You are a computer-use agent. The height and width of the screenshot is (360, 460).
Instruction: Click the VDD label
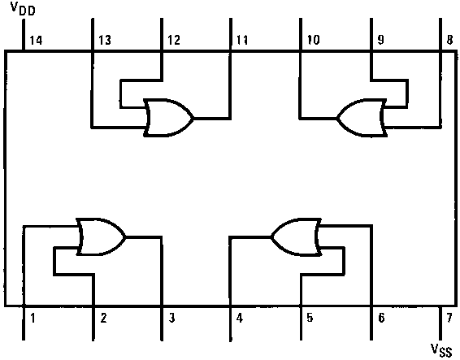click(x=23, y=8)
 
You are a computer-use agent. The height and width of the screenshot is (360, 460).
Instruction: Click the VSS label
click(x=441, y=350)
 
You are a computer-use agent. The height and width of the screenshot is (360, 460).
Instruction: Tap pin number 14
click(x=36, y=40)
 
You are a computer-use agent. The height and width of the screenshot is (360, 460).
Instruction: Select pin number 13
click(x=105, y=40)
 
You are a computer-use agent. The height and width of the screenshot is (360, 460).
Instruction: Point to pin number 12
click(x=174, y=40)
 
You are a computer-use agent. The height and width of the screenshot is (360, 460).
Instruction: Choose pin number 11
click(x=242, y=40)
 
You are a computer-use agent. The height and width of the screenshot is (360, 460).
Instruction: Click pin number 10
click(x=313, y=40)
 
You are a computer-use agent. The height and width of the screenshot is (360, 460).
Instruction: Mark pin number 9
click(x=380, y=40)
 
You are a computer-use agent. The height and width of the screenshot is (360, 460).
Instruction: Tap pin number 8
click(x=449, y=40)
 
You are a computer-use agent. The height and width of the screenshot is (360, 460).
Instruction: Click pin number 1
click(x=33, y=318)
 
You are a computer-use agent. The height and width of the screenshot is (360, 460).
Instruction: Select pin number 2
click(x=103, y=318)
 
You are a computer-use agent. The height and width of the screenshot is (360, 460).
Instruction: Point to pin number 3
click(x=172, y=318)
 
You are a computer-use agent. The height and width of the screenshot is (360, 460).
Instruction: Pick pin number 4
click(x=240, y=318)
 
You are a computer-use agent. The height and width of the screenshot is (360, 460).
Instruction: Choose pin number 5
click(x=310, y=318)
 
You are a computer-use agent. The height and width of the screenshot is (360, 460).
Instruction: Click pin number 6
click(x=381, y=318)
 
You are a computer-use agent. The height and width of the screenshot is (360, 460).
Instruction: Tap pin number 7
click(x=449, y=318)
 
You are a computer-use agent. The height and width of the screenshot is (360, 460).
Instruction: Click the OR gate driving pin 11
click(x=168, y=118)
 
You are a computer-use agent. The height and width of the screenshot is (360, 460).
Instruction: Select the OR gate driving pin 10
click(x=362, y=118)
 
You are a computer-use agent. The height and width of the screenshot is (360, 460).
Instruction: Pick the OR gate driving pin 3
click(x=101, y=236)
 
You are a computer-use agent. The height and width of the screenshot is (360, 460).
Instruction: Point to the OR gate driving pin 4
click(x=296, y=236)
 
